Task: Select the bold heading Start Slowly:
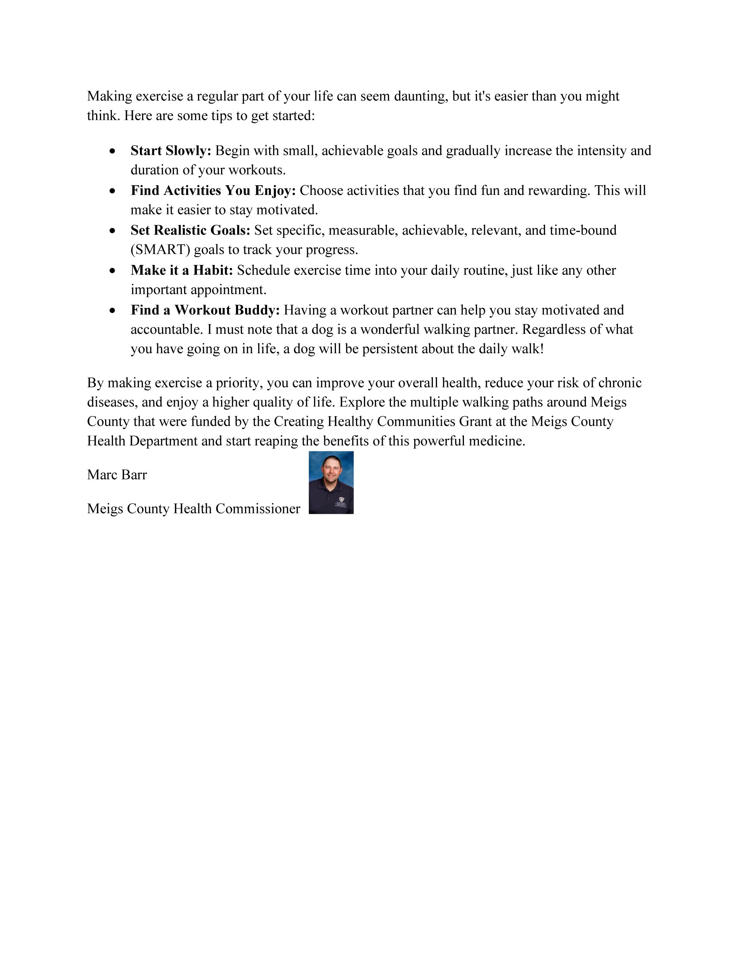tap(171, 151)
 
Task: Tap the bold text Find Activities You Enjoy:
tap(213, 191)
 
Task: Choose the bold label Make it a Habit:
tap(181, 271)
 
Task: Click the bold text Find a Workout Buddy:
tap(205, 311)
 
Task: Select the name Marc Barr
tap(117, 475)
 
